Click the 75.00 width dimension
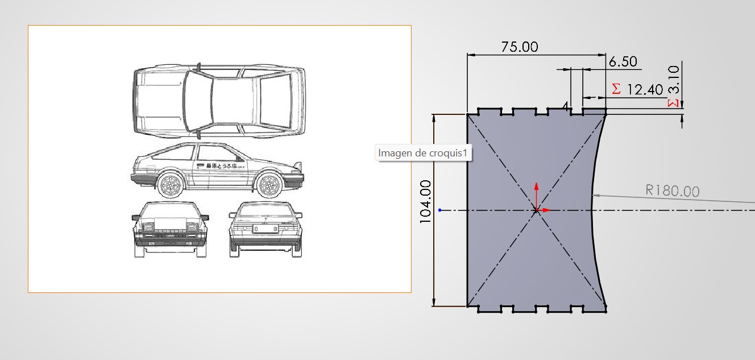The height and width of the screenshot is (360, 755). [x=519, y=47]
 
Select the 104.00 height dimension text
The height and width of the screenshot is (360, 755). [x=425, y=201]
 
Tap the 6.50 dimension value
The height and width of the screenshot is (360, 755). [x=623, y=61]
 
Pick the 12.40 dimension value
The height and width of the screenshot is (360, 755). [x=645, y=89]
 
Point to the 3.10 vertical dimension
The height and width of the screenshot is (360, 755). [x=674, y=79]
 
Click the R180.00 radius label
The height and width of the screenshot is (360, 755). [x=672, y=191]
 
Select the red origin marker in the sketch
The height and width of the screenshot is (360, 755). [x=536, y=210]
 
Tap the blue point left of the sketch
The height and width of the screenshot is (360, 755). [x=440, y=210]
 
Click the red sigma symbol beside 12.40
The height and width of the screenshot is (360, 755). [x=616, y=89]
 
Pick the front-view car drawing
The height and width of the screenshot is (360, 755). [x=170, y=229]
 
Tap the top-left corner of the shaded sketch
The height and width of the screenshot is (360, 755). [x=467, y=114]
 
